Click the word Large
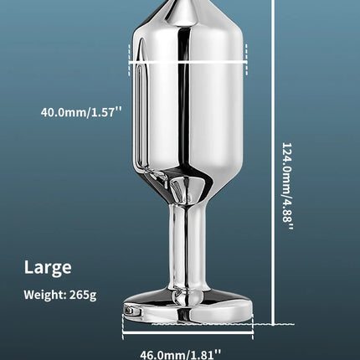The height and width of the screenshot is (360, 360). [48, 268]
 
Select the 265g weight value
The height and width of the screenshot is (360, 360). [83, 295]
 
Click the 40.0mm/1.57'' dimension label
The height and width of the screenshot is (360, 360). [81, 112]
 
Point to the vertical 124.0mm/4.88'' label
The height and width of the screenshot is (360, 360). [287, 187]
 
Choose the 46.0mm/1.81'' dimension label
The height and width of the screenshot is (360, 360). [180, 355]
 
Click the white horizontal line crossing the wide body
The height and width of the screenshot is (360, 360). [188, 63]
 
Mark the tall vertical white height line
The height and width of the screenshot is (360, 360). [273, 162]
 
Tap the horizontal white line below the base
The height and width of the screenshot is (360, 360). [188, 332]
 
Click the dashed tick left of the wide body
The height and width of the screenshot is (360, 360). [129, 59]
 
